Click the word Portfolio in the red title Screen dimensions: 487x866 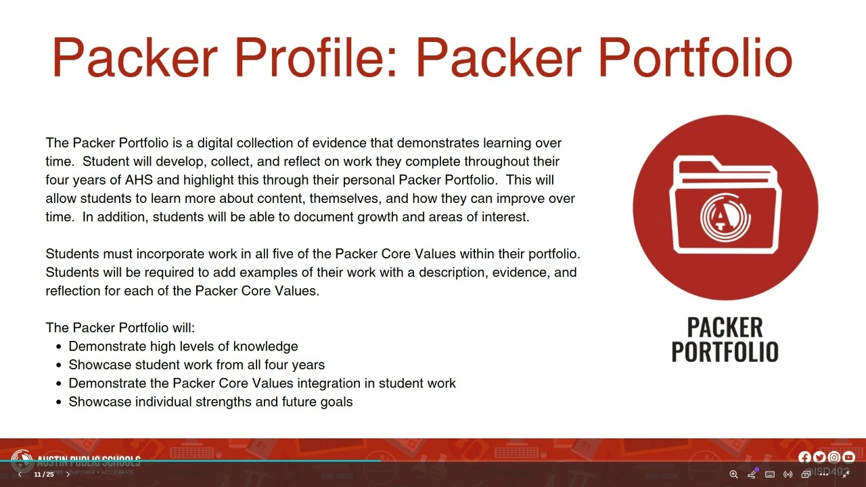(x=694, y=57)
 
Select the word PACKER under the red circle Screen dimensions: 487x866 (x=725, y=327)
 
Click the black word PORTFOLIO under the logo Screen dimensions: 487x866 (x=725, y=352)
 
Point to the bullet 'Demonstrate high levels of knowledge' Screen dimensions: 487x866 (x=183, y=346)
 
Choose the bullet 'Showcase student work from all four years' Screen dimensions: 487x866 (x=197, y=365)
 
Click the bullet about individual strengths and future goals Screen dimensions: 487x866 (x=210, y=402)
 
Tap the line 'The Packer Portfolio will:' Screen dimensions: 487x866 (x=120, y=328)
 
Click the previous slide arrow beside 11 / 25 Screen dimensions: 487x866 (x=20, y=475)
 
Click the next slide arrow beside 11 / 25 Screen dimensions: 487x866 (x=68, y=475)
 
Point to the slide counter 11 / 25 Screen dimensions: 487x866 (x=44, y=475)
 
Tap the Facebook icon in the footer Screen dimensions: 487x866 (x=804, y=458)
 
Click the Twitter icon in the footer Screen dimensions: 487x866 (x=819, y=458)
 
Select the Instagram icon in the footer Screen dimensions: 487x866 (x=834, y=458)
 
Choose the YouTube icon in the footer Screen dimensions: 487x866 (x=848, y=458)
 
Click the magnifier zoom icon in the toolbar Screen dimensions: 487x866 (x=733, y=474)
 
